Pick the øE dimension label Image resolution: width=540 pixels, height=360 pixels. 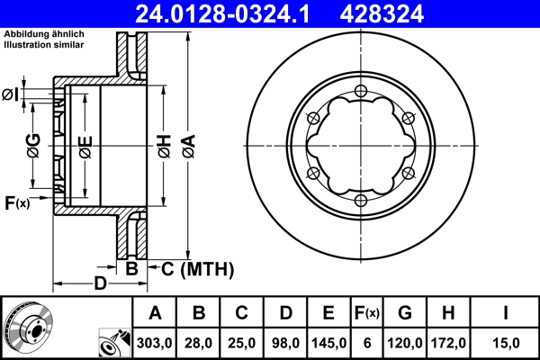pos(85,146)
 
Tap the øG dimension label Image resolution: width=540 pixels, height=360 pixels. pos(33,146)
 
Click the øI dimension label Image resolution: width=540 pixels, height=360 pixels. pos(12,94)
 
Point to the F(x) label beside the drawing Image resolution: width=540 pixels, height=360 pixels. pos(17,203)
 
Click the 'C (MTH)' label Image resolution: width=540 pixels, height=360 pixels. pos(195,268)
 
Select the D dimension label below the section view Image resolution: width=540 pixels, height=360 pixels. pos(101,284)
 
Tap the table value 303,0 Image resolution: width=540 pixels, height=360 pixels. pos(155,342)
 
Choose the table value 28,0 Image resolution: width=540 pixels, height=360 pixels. pos(198,342)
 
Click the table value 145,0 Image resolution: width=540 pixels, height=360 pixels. pos(328,342)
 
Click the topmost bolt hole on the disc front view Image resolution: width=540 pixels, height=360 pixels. pos(361,90)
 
